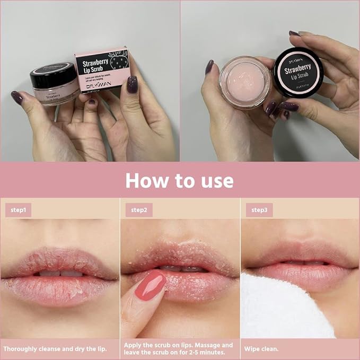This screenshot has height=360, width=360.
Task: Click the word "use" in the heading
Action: pyautogui.click(x=214, y=180)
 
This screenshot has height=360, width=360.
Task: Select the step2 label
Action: pyautogui.click(x=139, y=210)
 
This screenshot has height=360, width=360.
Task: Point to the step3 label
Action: pyautogui.click(x=259, y=210)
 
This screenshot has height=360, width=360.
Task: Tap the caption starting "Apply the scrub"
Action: pyautogui.click(x=178, y=348)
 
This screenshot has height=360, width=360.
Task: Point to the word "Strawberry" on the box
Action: pyautogui.click(x=94, y=61)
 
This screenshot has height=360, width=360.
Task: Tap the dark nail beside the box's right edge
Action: pyautogui.click(x=132, y=84)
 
